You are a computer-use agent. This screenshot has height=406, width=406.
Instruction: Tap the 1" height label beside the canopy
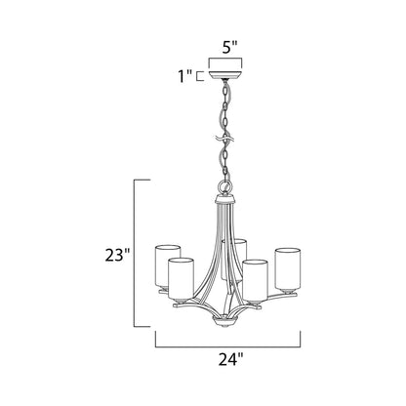[181, 74]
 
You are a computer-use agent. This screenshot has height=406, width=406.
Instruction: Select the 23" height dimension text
[115, 256]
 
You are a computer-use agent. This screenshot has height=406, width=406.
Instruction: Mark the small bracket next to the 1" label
[199, 74]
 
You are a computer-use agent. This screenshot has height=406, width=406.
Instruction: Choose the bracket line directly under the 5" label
[227, 58]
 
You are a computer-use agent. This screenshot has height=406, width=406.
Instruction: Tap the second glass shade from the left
[181, 278]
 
